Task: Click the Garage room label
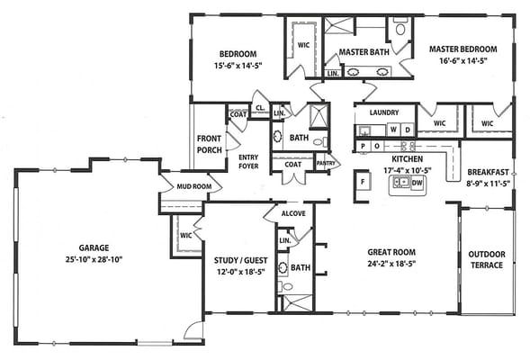coord(94,247)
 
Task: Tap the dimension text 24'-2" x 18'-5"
coord(391,264)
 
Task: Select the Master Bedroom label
coord(463,49)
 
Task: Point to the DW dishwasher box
coord(418,183)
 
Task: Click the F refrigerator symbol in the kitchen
coord(363,182)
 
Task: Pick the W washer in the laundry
coord(393,130)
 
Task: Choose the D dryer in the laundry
coord(408,130)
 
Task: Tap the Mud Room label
coord(194,186)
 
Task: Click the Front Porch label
coord(210,144)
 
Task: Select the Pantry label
coord(326,163)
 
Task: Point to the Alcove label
coord(293,213)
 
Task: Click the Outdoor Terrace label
coord(487,259)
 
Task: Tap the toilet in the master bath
coord(400,28)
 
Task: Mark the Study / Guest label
coord(240,261)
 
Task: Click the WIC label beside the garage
coord(186,236)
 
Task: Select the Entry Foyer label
coord(248,162)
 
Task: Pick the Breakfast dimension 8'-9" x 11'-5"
coord(489,184)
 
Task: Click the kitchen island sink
coord(401,183)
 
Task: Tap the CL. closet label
coord(260,108)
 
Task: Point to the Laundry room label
coord(384,112)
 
